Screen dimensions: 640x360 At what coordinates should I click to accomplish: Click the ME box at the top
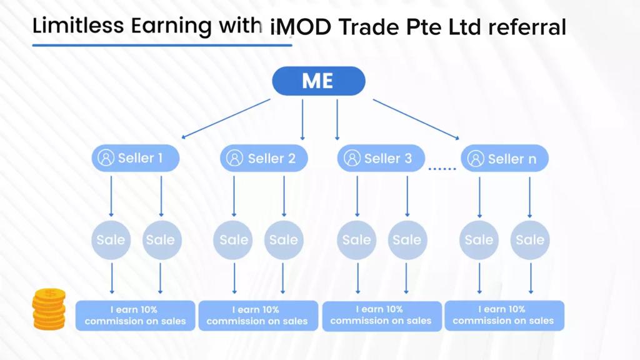click(318, 81)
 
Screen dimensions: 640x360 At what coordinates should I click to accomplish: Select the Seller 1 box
click(136, 158)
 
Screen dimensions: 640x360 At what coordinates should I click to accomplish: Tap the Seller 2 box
click(264, 158)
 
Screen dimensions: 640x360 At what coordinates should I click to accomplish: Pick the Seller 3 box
click(381, 158)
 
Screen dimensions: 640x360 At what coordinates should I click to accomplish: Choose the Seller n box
click(504, 158)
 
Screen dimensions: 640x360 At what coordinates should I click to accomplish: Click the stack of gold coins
click(49, 309)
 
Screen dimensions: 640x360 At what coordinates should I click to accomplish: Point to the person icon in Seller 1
click(106, 158)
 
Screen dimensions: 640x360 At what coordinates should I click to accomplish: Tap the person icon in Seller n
click(476, 158)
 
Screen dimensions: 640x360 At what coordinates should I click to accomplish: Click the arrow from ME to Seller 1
click(226, 119)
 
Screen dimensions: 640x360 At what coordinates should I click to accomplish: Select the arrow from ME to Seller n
click(416, 119)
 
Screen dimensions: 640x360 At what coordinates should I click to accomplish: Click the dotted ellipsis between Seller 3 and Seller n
click(442, 168)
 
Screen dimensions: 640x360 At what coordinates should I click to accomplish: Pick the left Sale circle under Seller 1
click(111, 240)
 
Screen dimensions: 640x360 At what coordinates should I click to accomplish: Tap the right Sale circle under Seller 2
click(284, 240)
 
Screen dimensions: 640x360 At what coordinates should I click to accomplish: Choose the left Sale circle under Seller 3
click(357, 240)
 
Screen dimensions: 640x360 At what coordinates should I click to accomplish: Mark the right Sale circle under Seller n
click(530, 240)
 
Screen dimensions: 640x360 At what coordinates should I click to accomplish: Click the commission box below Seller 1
click(136, 316)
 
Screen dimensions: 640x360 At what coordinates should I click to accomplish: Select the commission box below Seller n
click(504, 316)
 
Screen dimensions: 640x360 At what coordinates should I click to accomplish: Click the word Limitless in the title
click(78, 25)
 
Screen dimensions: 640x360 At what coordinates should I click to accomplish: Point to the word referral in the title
click(527, 27)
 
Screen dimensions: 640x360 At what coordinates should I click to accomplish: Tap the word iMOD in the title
click(301, 27)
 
